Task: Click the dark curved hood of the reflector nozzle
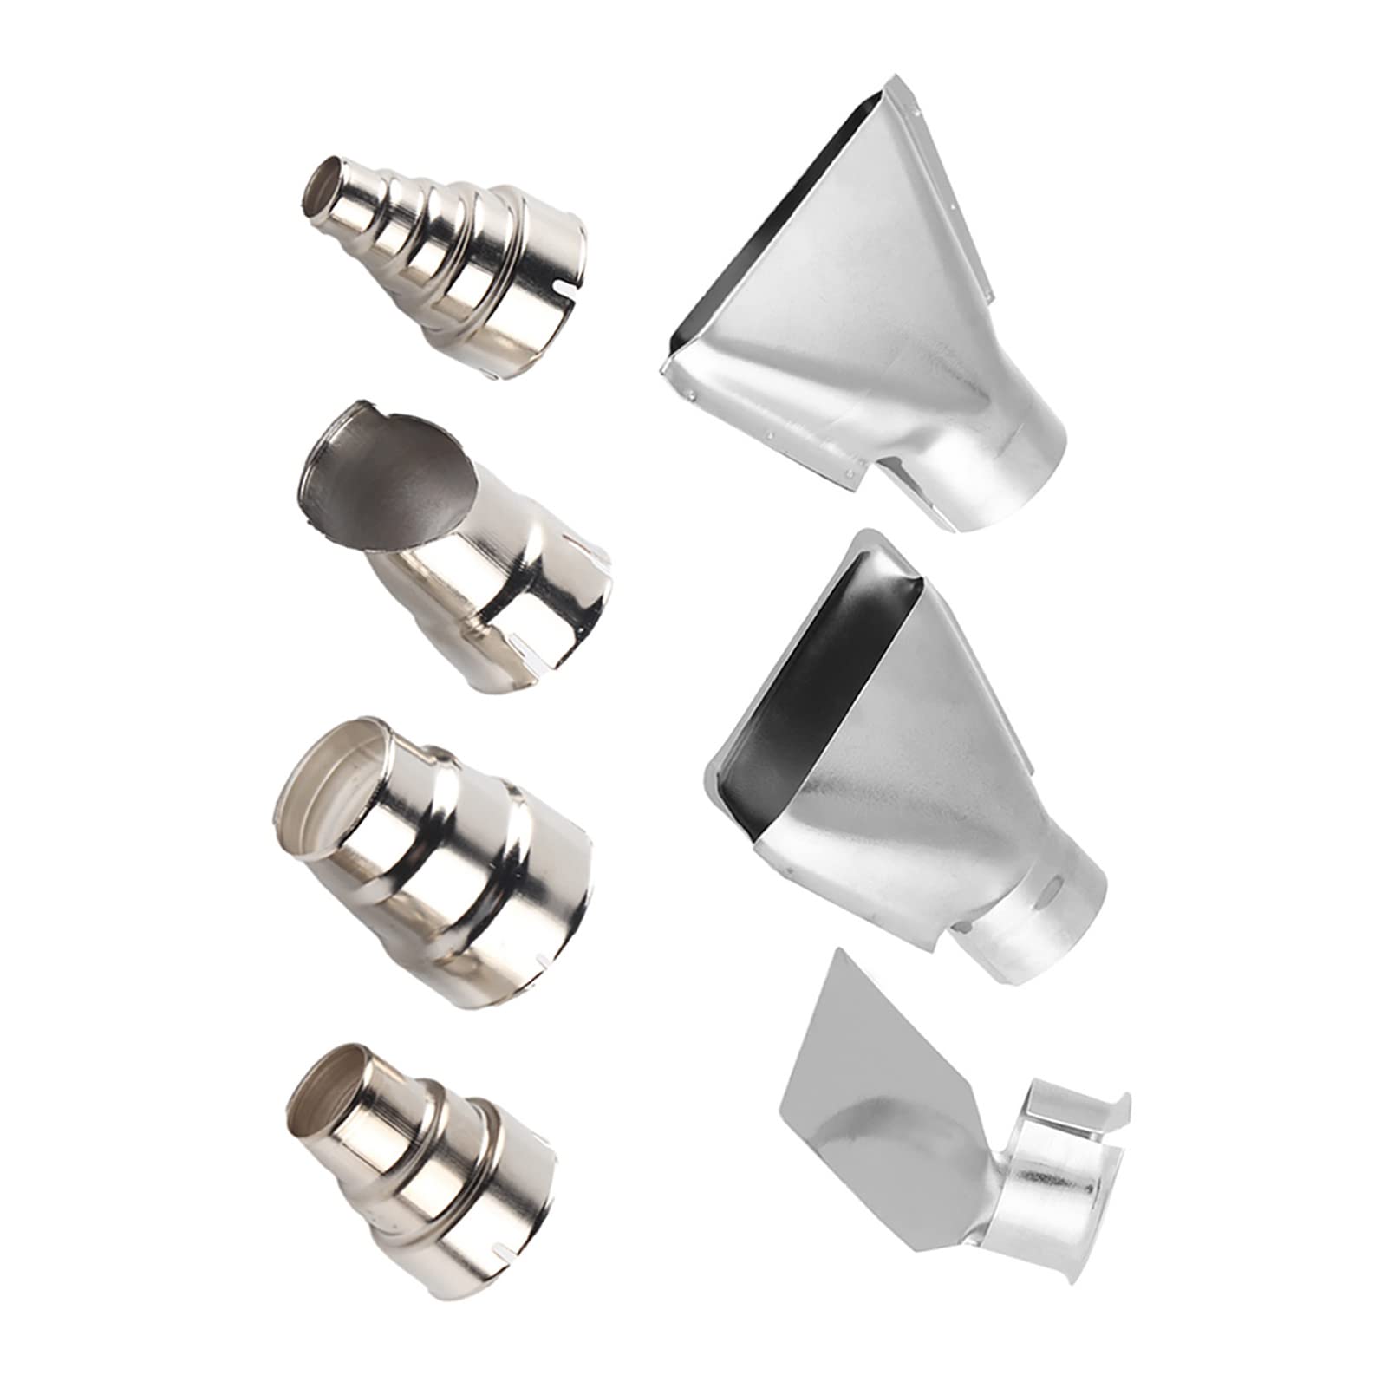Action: [390, 485]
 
